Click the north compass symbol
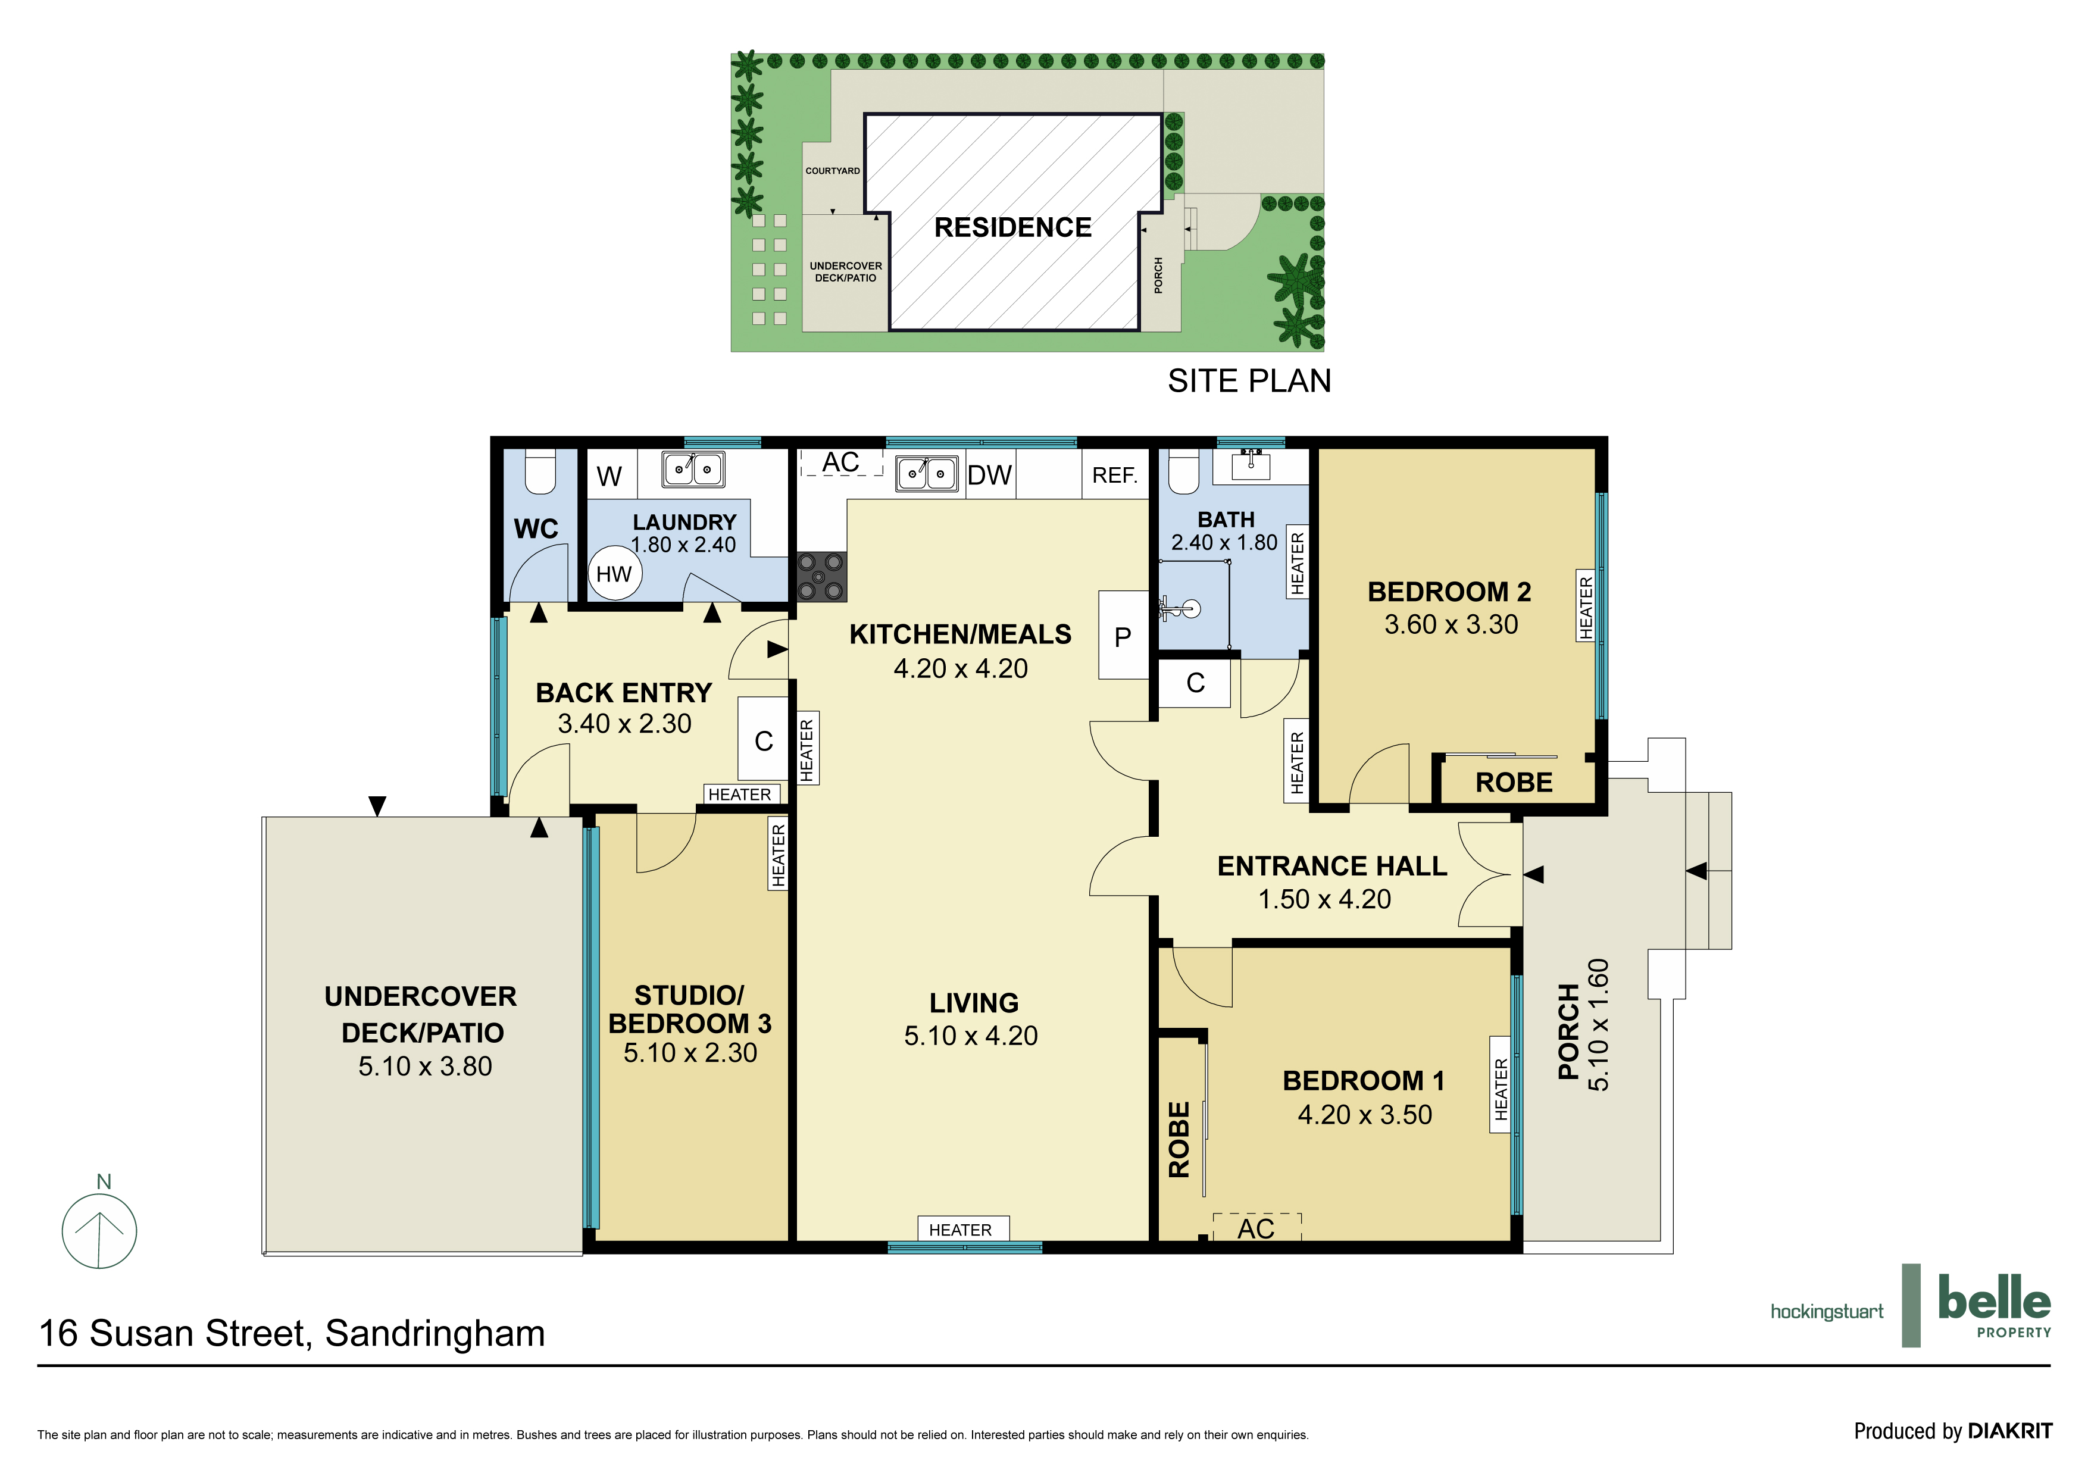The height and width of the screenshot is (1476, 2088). tap(99, 1230)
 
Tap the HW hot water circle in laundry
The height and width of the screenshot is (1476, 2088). tap(614, 574)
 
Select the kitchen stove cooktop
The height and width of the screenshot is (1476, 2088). tap(822, 577)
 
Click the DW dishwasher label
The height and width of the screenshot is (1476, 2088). tap(989, 475)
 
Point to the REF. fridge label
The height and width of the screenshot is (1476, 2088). tap(1114, 475)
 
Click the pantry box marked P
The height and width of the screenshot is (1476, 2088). tap(1124, 635)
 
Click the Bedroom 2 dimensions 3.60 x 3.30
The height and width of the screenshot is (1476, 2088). tap(1451, 625)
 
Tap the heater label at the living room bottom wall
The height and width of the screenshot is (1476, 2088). tap(960, 1230)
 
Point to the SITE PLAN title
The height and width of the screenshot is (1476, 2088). tap(1249, 381)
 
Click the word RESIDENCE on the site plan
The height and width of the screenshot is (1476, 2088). tap(1013, 227)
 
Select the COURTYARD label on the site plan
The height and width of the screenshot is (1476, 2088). tap(832, 171)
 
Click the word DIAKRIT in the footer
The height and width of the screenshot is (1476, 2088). tap(2010, 1431)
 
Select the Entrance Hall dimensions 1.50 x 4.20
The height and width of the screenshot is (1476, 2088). tap(1324, 899)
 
